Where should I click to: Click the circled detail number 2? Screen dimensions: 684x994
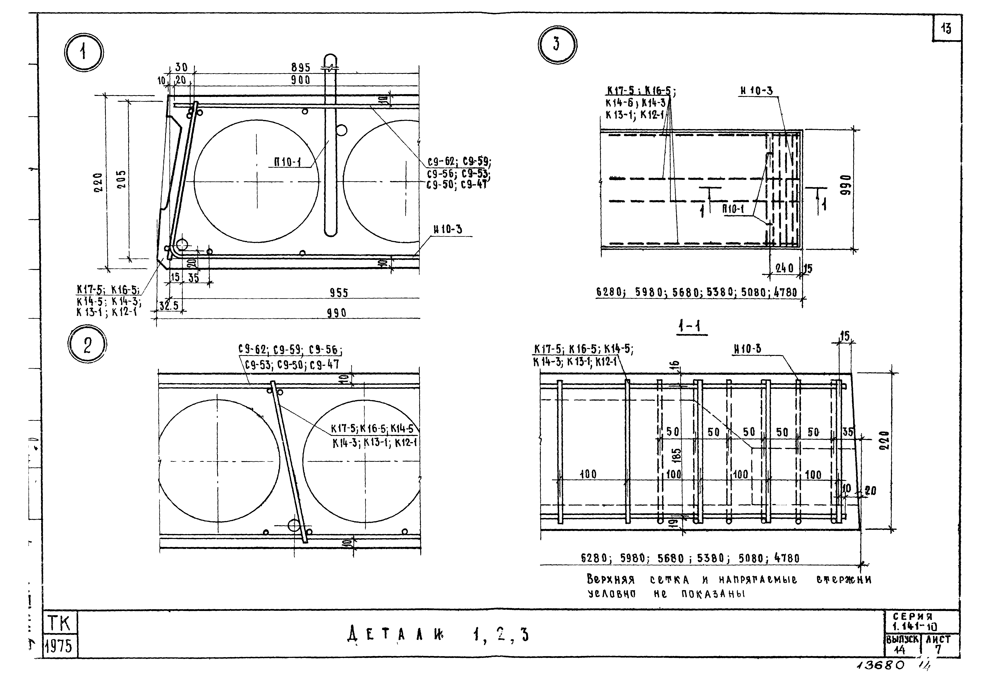pyautogui.click(x=87, y=345)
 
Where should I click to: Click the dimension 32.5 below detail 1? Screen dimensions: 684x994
pyautogui.click(x=169, y=306)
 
